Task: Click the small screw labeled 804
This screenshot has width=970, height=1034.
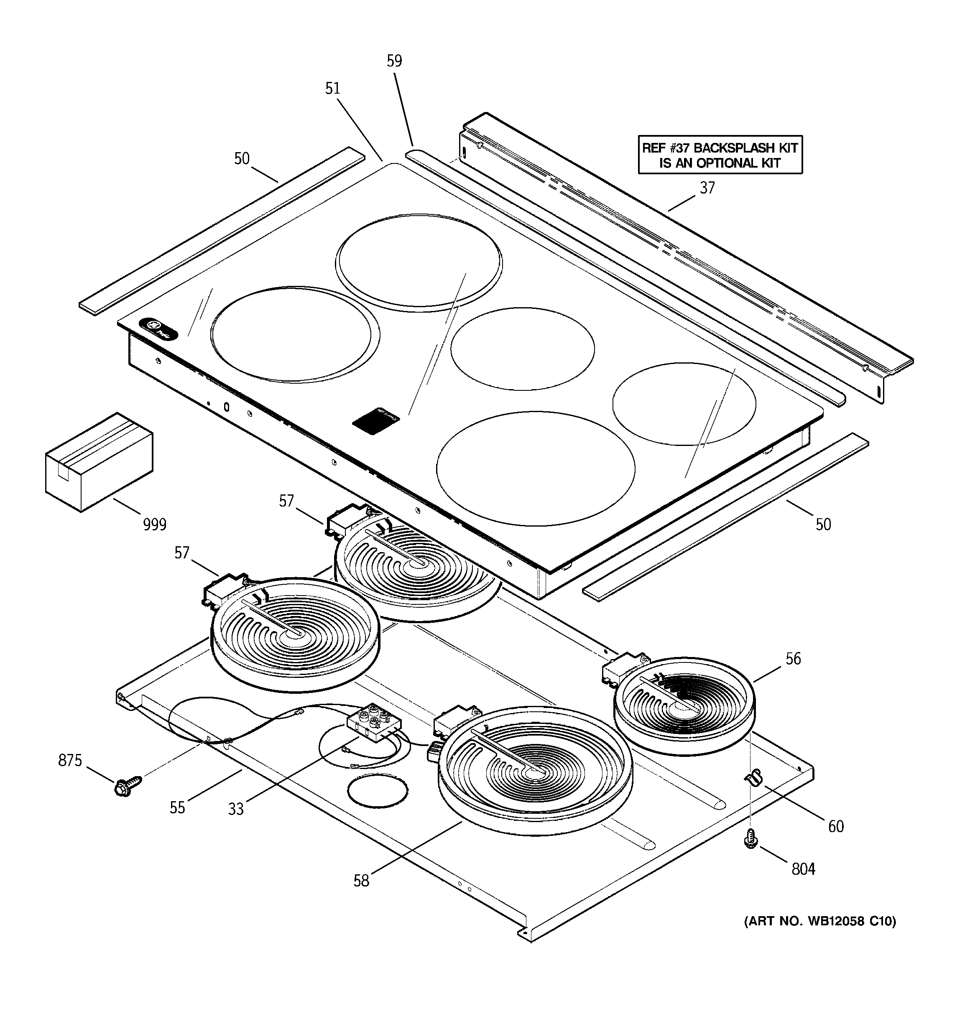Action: (x=750, y=840)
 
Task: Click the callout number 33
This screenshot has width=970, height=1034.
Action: (x=236, y=809)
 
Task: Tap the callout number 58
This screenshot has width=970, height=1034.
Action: (x=361, y=881)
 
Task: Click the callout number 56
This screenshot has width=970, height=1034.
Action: (x=793, y=659)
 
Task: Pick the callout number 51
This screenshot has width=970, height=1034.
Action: (x=332, y=89)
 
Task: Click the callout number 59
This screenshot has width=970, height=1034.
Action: (x=394, y=61)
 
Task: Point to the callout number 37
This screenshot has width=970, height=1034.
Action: (x=707, y=188)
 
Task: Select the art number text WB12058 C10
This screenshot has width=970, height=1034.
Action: (x=819, y=922)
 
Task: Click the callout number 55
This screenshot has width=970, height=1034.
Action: (x=177, y=808)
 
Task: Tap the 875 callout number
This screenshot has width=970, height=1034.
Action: (x=70, y=761)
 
